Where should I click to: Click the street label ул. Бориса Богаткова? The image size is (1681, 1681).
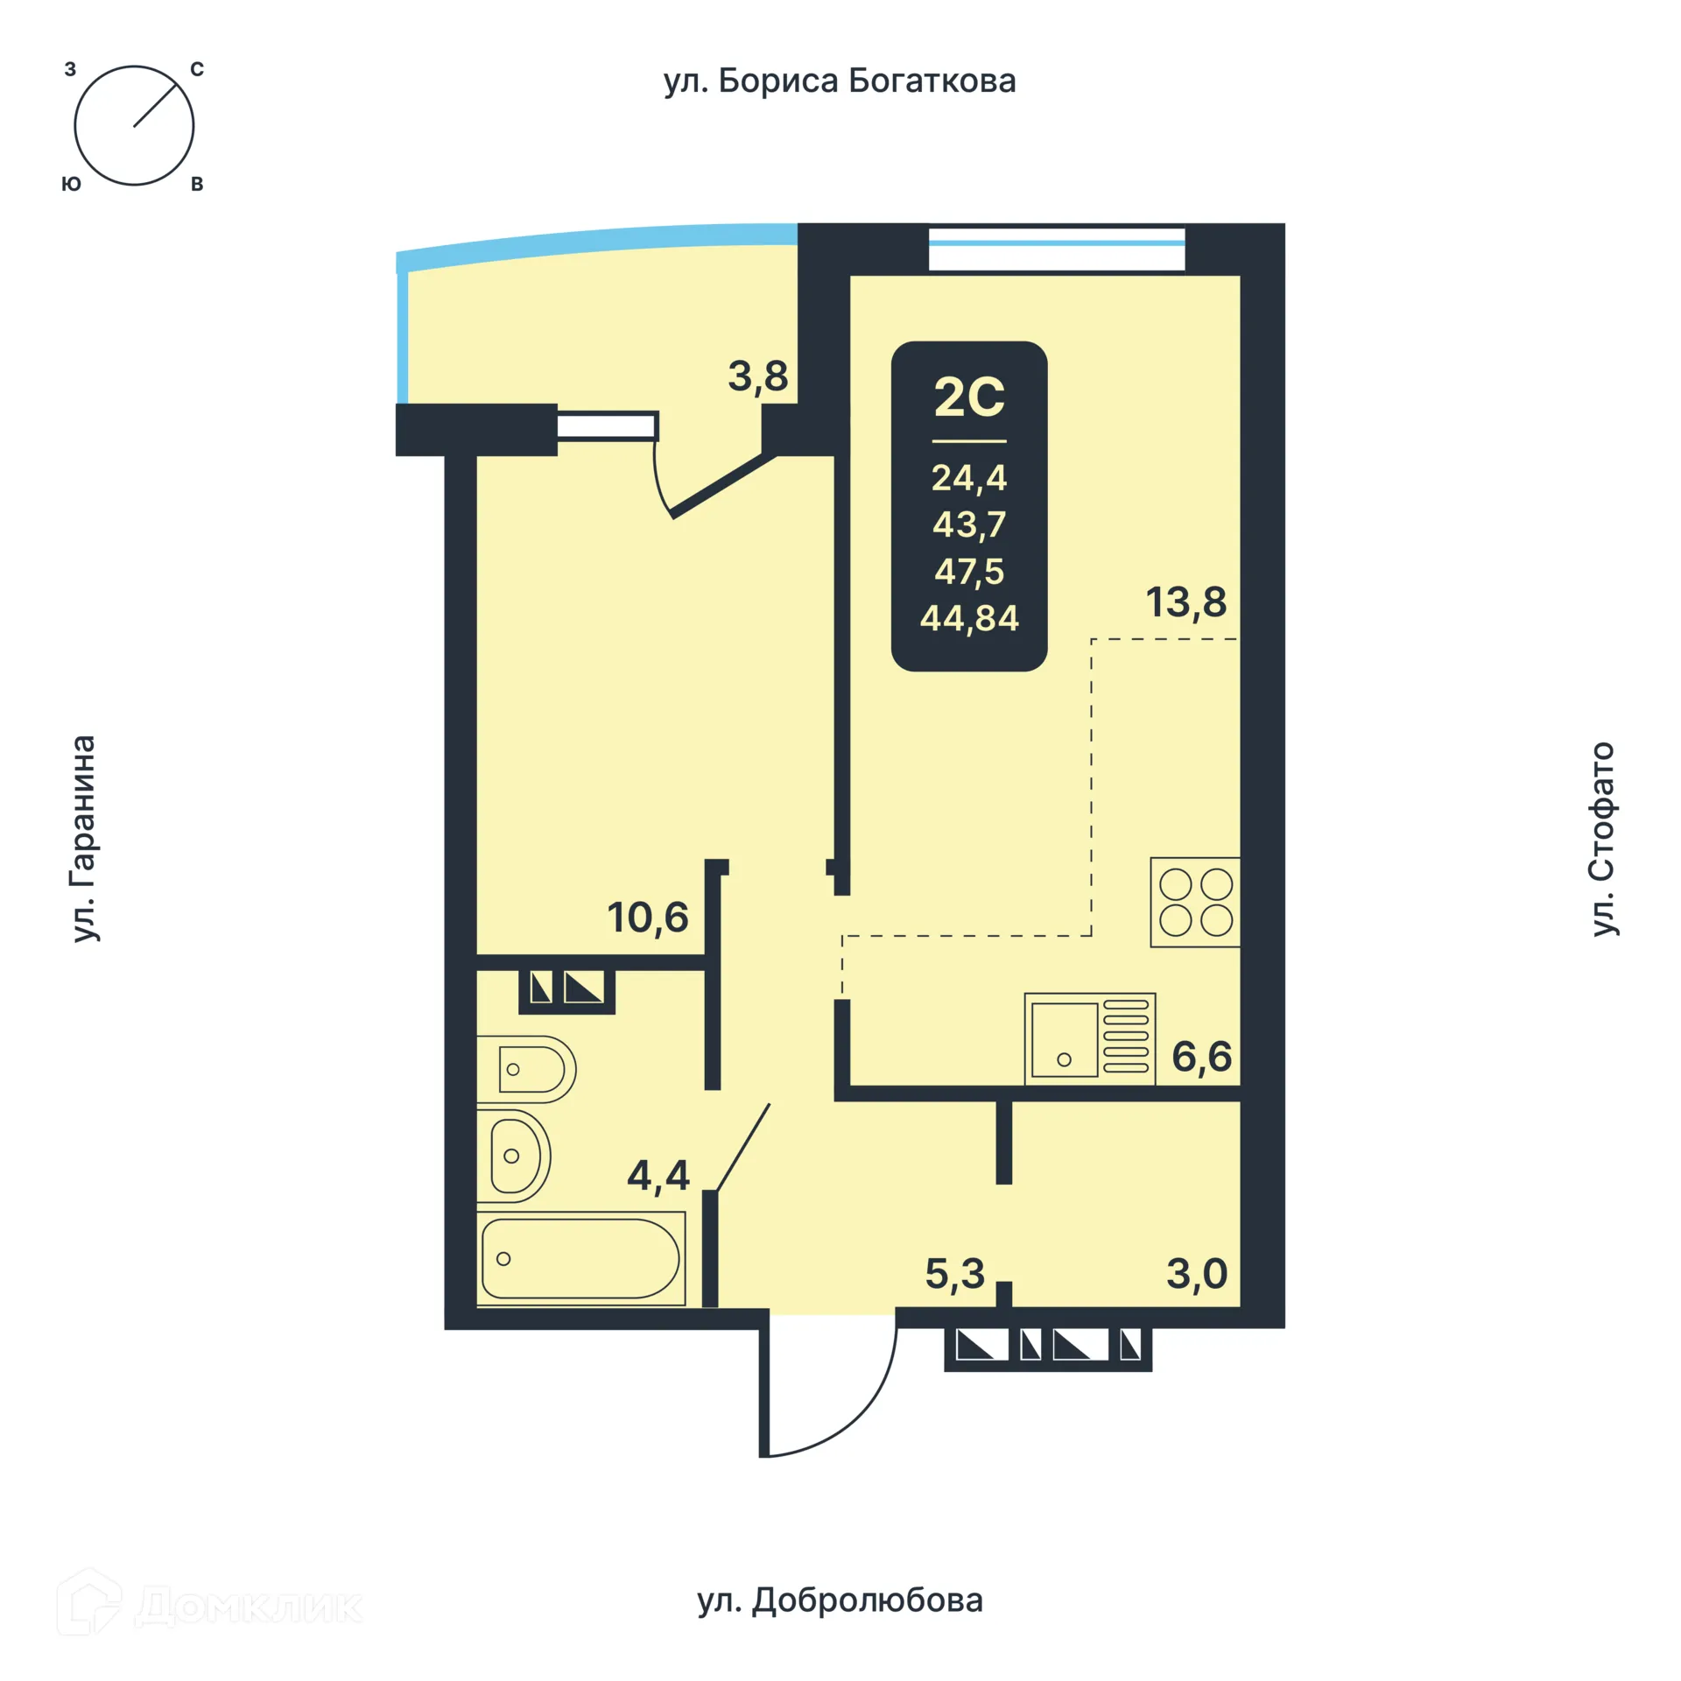[839, 81]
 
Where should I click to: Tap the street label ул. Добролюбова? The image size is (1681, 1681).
[840, 1600]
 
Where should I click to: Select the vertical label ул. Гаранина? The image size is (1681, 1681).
[84, 838]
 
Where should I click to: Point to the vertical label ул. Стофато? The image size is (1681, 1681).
[1602, 839]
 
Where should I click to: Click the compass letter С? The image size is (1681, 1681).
[197, 70]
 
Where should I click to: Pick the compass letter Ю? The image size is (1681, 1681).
[71, 184]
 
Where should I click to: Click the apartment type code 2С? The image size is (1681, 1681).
[969, 398]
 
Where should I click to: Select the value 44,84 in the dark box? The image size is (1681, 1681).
[969, 619]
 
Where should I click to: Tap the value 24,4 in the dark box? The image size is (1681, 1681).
[969, 478]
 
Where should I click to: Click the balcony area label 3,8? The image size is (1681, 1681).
[757, 377]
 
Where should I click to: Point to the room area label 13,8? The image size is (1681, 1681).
[1186, 602]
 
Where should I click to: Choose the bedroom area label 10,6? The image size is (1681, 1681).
[648, 918]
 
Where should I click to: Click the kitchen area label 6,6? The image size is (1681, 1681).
[1201, 1057]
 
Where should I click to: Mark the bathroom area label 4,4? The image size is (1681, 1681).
[658, 1175]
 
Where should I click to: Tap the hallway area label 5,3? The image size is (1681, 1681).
[954, 1274]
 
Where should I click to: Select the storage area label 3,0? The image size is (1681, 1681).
[1197, 1274]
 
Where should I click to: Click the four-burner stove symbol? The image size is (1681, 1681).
[1195, 902]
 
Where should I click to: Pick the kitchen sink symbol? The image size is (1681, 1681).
[1089, 1038]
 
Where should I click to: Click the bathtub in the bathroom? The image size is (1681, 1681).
[580, 1258]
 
